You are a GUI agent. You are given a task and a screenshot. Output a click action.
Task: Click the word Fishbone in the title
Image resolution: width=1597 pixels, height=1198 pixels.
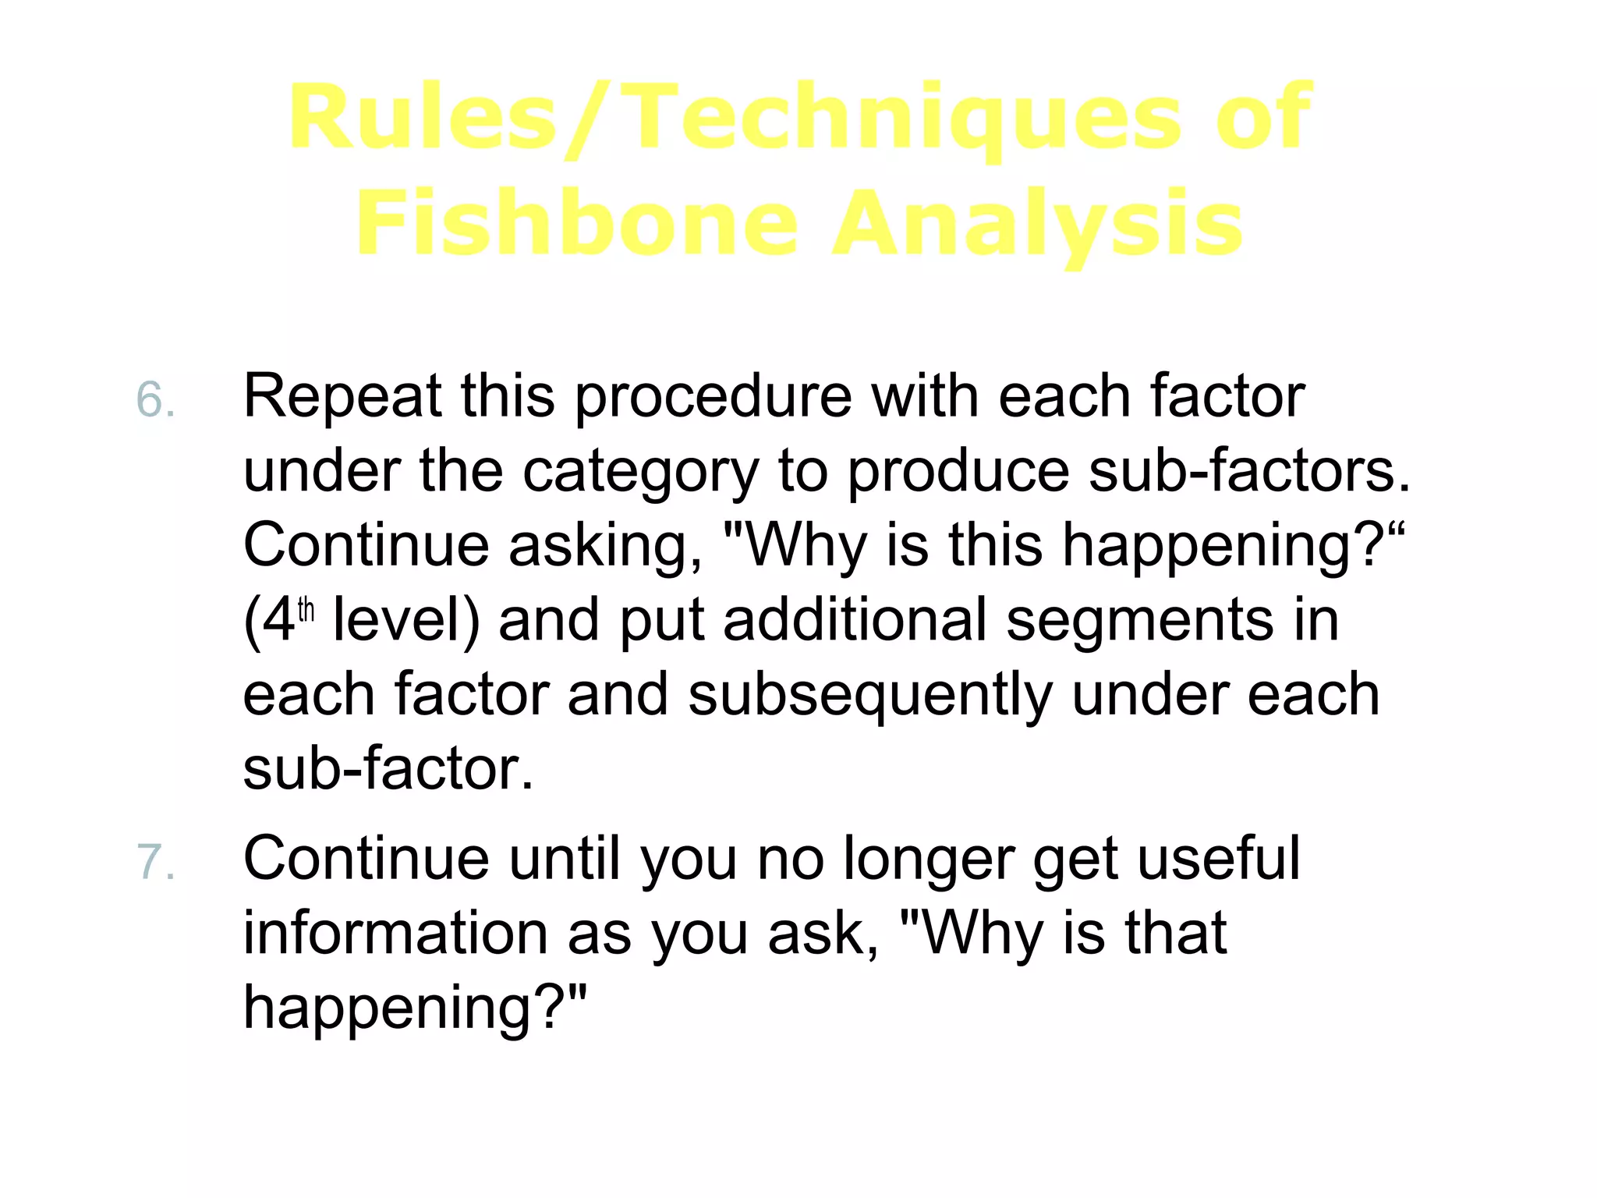(577, 224)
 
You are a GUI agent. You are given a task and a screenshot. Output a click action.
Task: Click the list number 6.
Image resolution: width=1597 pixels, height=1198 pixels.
(154, 400)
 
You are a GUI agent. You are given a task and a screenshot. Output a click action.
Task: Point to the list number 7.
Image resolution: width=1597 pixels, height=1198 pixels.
(154, 863)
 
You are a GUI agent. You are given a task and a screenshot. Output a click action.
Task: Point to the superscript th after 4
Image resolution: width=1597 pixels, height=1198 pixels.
(306, 609)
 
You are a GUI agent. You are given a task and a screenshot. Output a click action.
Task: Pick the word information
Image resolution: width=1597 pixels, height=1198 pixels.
(395, 933)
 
